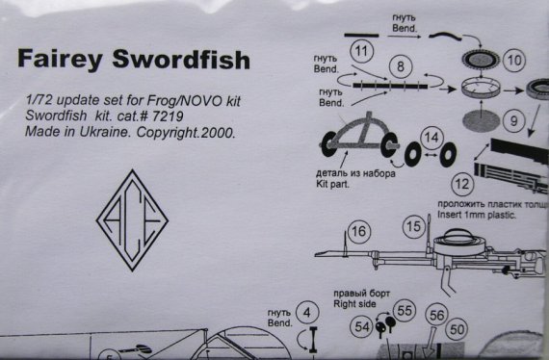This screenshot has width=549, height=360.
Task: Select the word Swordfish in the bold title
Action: [181, 61]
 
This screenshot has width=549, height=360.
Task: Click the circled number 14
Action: [432, 139]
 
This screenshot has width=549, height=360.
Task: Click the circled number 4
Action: [306, 313]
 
